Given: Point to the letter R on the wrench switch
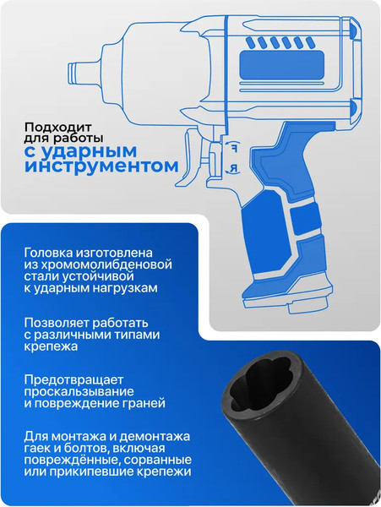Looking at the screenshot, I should [233, 169].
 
